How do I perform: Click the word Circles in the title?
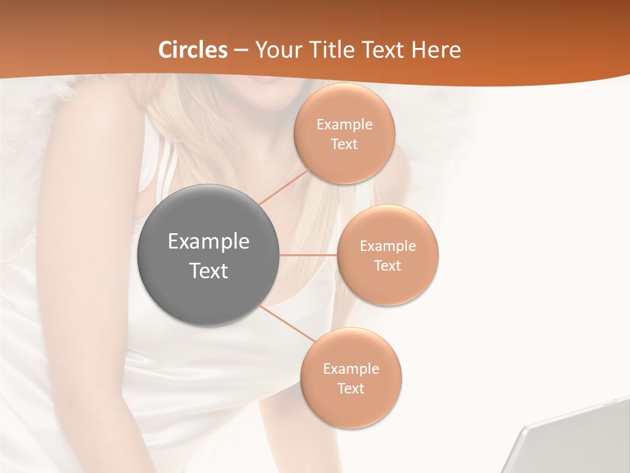coord(192,50)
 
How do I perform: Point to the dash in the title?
coord(241,51)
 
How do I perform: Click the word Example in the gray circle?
coord(209,242)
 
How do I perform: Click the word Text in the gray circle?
coord(209,271)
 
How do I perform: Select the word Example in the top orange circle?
coord(345,125)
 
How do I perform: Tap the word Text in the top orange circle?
coord(345,145)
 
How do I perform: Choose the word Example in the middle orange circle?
coord(388,246)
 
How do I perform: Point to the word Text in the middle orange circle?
coord(388,266)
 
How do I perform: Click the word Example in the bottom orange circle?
coord(351,369)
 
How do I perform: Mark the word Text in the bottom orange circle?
coord(351,389)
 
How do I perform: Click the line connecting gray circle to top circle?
coord(283,187)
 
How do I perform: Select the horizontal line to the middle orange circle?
coord(308,255)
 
